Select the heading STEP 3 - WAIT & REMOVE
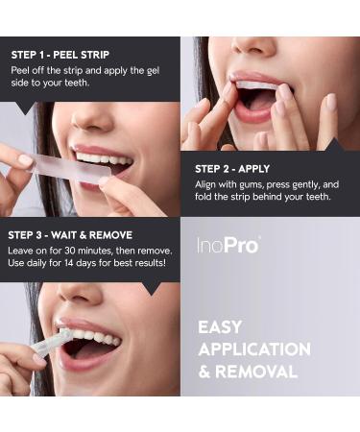pos(70,234)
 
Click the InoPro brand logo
pos(228,245)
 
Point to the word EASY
pos(220,327)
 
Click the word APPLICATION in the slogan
pos(254,349)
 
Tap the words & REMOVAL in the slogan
pos(248,372)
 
